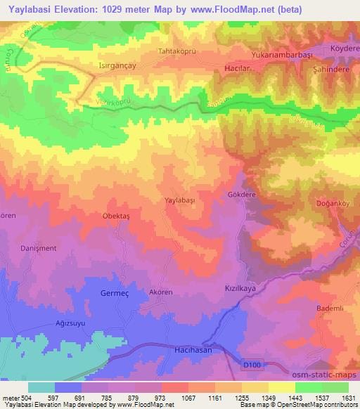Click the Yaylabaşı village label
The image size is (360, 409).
point(181,200)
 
